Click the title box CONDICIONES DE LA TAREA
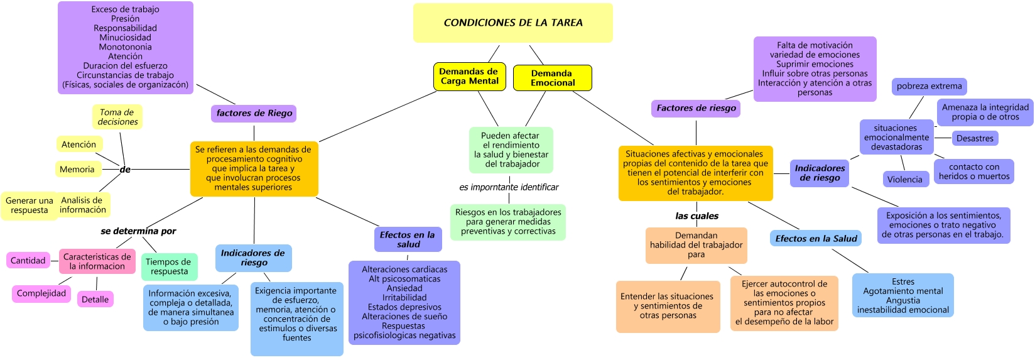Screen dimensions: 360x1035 tap(512, 23)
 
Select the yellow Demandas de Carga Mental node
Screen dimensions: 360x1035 tap(469, 76)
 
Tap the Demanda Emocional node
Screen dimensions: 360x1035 tap(552, 78)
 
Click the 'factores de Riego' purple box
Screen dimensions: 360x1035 tap(254, 113)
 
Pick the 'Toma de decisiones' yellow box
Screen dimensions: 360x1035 tap(117, 117)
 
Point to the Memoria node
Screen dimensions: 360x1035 tap(77, 169)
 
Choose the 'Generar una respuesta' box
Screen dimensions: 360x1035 tap(29, 205)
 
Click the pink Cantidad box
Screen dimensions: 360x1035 tap(28, 260)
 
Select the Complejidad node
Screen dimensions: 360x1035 tap(41, 293)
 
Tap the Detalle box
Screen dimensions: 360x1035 tap(95, 300)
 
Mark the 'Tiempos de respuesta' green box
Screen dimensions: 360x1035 tap(169, 266)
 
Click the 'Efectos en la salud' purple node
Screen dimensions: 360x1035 tap(408, 239)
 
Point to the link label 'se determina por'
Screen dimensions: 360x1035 tap(138, 231)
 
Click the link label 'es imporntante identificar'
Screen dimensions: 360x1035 tap(509, 187)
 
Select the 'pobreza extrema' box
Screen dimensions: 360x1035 tap(929, 86)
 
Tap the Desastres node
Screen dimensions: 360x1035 tap(975, 138)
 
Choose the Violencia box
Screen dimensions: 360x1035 tap(905, 179)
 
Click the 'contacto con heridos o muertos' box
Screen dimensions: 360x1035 tap(974, 172)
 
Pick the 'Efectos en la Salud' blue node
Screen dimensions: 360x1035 tap(816, 238)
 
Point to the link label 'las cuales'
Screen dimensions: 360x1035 tap(696, 215)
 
